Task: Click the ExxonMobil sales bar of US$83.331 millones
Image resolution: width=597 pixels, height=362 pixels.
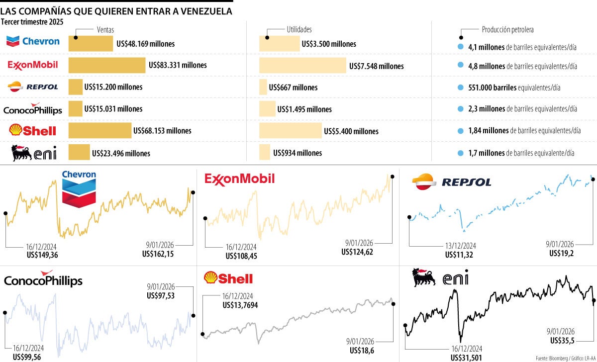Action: [106, 65]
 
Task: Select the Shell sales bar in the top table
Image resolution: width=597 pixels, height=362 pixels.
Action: [99, 131]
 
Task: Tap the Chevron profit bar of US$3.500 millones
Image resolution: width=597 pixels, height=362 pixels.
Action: [279, 44]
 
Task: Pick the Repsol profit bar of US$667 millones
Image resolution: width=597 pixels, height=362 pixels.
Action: [263, 87]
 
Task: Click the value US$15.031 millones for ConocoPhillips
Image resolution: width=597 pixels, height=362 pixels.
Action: [113, 109]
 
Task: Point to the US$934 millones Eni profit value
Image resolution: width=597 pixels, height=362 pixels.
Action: [298, 153]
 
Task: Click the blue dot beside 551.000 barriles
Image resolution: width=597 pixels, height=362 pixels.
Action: [460, 88]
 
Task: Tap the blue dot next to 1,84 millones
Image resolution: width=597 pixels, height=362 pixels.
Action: [460, 131]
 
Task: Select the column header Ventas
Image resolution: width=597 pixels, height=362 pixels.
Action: [105, 30]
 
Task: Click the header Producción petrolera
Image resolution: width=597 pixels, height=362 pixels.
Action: [507, 30]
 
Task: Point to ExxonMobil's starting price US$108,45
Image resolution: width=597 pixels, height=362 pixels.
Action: [241, 256]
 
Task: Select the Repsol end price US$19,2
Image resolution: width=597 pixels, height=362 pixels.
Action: [562, 253]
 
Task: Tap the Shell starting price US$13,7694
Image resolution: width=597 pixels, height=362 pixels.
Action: [240, 305]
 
